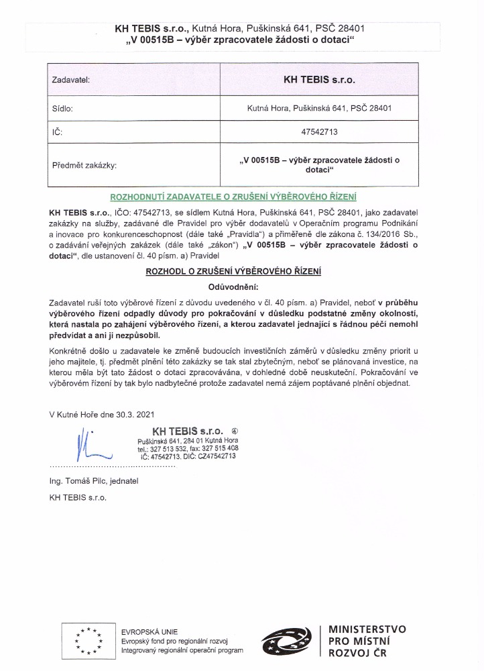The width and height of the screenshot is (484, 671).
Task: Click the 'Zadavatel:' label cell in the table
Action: click(x=71, y=80)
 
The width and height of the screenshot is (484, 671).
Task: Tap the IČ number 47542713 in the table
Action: click(x=318, y=133)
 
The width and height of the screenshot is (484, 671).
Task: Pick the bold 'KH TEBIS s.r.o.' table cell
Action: click(x=319, y=80)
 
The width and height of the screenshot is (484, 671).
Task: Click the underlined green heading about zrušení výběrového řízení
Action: click(x=233, y=197)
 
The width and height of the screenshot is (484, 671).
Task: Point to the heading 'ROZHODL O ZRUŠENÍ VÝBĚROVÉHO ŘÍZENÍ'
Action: click(x=233, y=271)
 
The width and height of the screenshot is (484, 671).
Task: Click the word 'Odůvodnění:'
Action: click(x=233, y=287)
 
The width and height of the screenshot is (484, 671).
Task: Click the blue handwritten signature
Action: click(x=86, y=444)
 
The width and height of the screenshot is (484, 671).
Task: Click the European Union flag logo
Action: click(x=88, y=640)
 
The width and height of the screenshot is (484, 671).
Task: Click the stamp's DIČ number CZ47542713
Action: click(x=215, y=456)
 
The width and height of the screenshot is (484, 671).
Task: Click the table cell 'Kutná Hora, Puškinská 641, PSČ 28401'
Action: click(x=318, y=107)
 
